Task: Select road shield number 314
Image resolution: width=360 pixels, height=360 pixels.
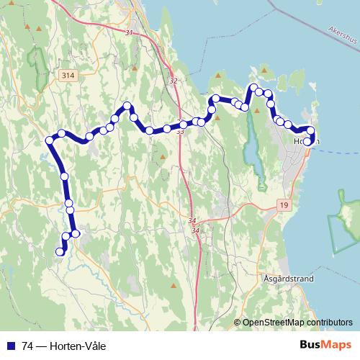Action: click(x=68, y=76)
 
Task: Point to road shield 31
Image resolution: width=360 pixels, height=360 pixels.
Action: click(x=129, y=33)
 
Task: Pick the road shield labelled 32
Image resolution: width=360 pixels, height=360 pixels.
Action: click(x=174, y=81)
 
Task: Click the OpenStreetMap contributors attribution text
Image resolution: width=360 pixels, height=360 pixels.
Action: click(x=297, y=323)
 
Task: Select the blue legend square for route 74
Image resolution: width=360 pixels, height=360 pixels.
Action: click(x=11, y=346)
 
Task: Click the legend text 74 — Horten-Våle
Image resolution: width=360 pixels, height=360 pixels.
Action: click(x=64, y=346)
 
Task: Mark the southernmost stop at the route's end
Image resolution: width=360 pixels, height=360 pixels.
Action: click(x=60, y=251)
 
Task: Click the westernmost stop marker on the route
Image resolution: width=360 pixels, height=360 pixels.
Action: click(x=50, y=140)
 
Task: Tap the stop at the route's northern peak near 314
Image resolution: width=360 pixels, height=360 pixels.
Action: click(x=128, y=107)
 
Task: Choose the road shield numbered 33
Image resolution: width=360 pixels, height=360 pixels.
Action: click(x=179, y=132)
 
